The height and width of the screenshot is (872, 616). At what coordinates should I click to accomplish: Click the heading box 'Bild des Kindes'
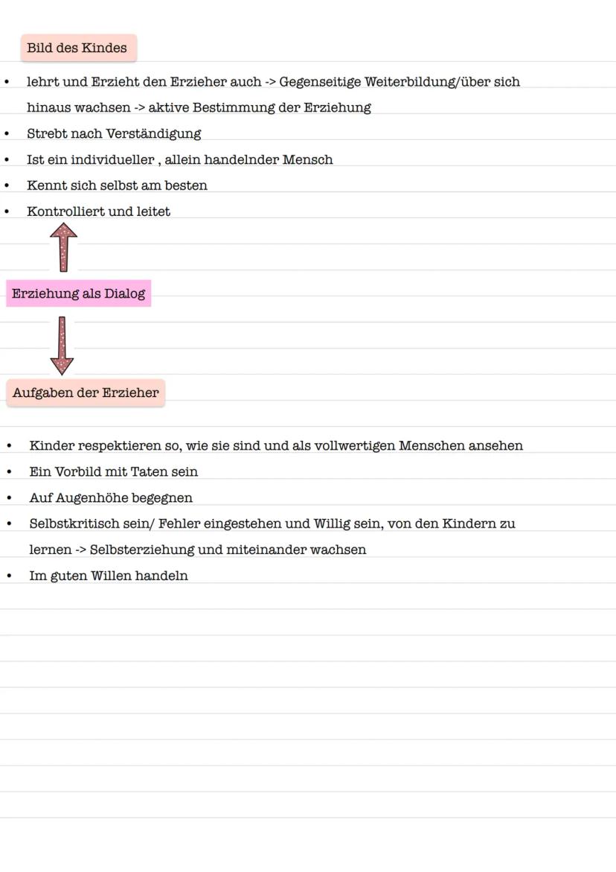(78, 48)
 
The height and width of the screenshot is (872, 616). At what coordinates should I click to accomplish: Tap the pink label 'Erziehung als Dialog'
(78, 293)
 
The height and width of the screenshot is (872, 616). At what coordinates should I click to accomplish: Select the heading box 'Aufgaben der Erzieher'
(86, 392)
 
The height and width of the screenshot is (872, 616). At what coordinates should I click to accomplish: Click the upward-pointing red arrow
(63, 247)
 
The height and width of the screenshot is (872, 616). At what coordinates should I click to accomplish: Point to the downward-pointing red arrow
(62, 346)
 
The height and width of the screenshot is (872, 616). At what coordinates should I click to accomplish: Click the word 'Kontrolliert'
(63, 211)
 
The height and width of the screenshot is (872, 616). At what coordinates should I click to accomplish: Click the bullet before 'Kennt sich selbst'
(7, 185)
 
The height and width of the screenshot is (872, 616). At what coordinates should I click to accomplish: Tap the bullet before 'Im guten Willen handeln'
(9, 576)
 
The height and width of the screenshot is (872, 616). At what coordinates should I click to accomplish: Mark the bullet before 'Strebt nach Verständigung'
(7, 134)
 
